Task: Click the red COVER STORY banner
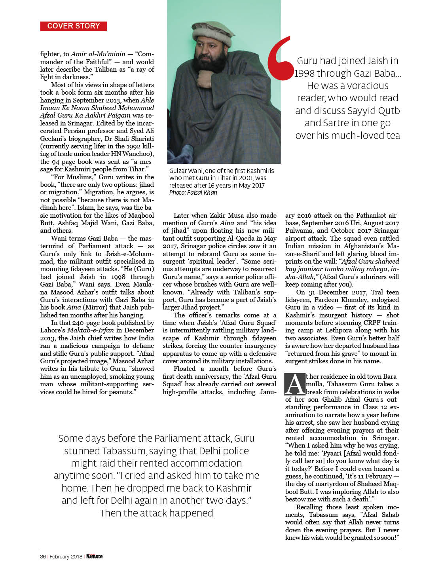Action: pyautogui.click(x=74, y=26)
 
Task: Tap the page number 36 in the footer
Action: pyautogui.click(x=43, y=556)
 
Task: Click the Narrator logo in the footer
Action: pyautogui.click(x=95, y=556)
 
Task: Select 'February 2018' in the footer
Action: pyautogui.click(x=66, y=556)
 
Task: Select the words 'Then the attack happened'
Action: pyautogui.click(x=156, y=513)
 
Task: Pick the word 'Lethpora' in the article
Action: pyautogui.click(x=339, y=330)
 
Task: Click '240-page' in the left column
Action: pyautogui.click(x=86, y=323)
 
